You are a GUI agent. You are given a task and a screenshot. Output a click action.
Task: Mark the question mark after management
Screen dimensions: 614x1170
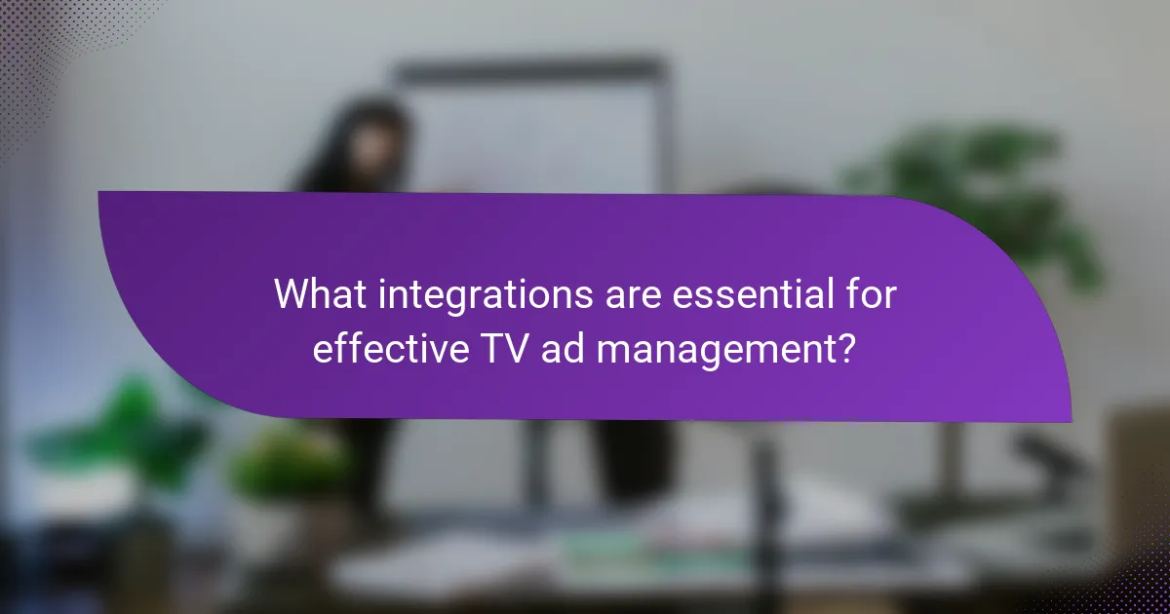(x=847, y=347)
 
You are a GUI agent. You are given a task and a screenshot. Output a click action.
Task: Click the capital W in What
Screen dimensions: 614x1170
(x=291, y=294)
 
